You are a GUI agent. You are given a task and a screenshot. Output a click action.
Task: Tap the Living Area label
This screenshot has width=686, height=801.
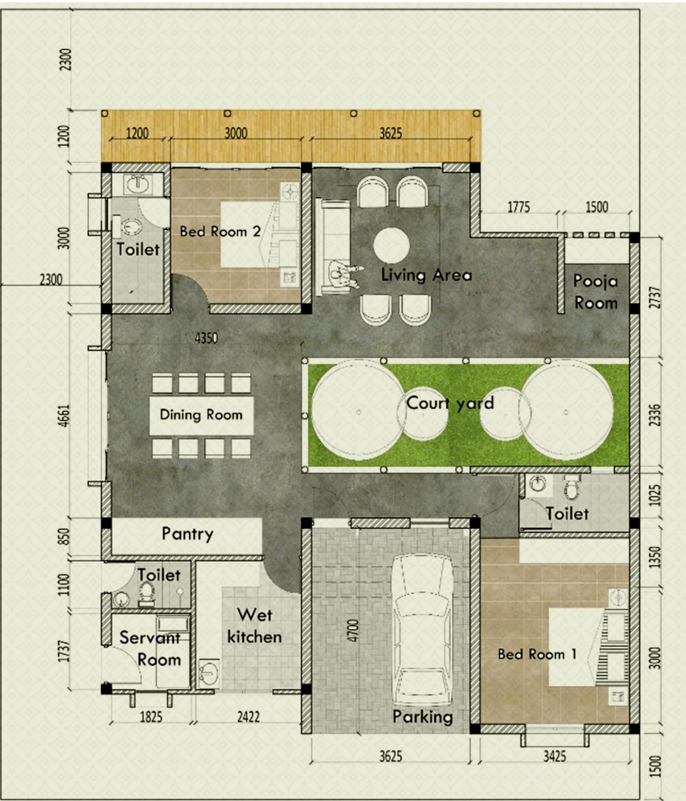pos(426,275)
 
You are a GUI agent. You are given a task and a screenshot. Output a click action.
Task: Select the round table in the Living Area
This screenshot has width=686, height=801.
pos(391,246)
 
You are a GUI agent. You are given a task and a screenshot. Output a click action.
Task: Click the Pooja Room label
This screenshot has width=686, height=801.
pos(595,292)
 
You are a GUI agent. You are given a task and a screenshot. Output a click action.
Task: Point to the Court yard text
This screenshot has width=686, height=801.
pos(450,403)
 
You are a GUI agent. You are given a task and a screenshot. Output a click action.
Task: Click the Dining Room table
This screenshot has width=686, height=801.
pos(201,415)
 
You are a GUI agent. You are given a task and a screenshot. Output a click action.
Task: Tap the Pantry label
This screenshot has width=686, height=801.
pos(187,534)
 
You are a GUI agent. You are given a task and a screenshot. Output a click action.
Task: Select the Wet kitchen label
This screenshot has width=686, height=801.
pos(254,626)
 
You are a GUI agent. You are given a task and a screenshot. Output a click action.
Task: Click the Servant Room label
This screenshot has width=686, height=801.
pos(150,649)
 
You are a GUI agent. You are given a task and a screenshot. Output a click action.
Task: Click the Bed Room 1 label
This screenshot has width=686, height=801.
pos(536,654)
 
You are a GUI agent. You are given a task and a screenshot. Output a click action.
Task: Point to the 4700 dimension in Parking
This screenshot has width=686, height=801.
pos(354,630)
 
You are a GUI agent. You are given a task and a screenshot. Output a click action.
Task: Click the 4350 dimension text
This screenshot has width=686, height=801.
pos(206,338)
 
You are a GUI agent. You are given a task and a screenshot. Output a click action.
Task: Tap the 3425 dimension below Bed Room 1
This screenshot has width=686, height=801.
pos(554,755)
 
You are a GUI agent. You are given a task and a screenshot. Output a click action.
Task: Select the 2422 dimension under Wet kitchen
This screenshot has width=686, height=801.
pos(248,716)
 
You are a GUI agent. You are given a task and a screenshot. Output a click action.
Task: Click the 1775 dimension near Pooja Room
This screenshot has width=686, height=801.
pos(518,207)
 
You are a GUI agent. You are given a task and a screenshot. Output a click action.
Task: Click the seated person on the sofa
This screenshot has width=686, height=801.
pos(343,274)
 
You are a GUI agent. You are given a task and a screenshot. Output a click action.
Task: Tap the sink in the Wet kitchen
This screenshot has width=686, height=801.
pos(208,672)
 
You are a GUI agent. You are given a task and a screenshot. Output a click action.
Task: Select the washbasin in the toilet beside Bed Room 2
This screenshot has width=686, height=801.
pos(137,184)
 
